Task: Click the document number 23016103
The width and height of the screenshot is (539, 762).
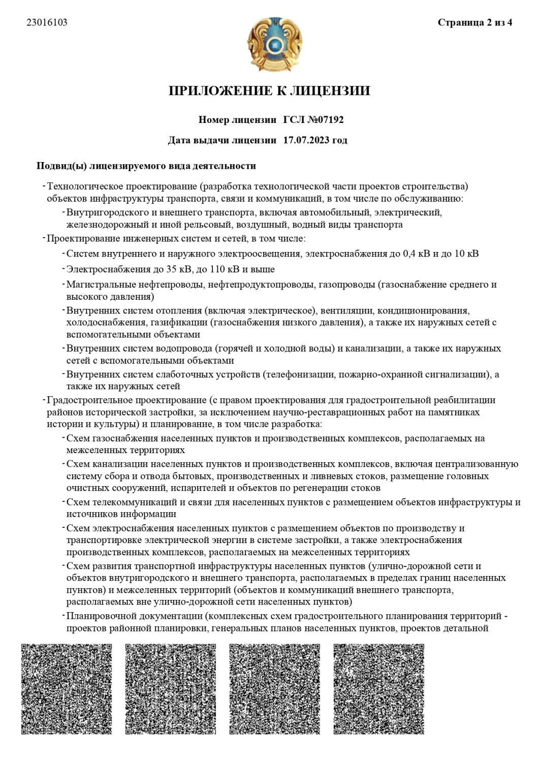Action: [47, 22]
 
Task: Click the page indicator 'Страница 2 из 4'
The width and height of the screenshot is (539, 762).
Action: [474, 23]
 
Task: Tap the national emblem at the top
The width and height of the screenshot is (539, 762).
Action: [269, 46]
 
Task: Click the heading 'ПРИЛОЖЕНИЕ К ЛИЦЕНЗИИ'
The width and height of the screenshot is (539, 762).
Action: [269, 91]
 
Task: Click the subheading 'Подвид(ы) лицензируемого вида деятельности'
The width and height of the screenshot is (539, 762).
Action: [146, 166]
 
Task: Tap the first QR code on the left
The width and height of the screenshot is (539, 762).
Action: [67, 689]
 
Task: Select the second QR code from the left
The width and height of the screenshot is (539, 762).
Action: [171, 689]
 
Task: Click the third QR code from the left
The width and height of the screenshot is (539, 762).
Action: [275, 689]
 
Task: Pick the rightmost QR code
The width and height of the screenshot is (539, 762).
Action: [379, 689]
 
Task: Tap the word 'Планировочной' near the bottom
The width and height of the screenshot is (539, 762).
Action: [98, 617]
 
